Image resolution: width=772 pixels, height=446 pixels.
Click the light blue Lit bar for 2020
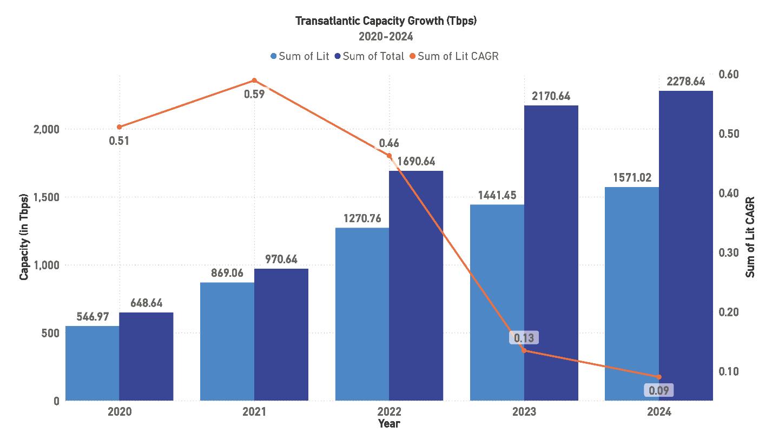tap(92, 363)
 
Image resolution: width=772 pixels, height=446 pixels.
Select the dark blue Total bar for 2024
tap(686, 246)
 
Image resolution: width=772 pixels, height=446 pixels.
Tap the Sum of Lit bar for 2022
tap(362, 314)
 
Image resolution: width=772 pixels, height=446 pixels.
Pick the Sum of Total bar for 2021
tap(281, 335)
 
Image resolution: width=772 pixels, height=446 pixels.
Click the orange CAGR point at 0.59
tap(254, 81)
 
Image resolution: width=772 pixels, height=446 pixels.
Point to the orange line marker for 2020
tap(120, 127)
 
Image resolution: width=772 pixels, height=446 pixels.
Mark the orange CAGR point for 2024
tap(659, 377)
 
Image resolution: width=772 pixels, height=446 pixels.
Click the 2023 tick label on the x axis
tap(524, 411)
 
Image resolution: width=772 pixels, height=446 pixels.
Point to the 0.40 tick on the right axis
tap(728, 193)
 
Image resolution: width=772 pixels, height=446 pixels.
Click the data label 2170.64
tap(551, 97)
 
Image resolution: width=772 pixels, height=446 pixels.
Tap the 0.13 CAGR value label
tap(524, 338)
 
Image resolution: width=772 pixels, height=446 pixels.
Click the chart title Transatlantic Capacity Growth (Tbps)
tap(386, 21)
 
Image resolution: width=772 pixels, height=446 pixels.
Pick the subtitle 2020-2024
tap(386, 37)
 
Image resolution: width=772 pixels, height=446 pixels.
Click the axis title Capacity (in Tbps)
tap(24, 237)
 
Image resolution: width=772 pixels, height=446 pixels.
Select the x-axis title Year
tap(389, 423)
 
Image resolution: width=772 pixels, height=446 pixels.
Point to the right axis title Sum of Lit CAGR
tap(750, 237)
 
